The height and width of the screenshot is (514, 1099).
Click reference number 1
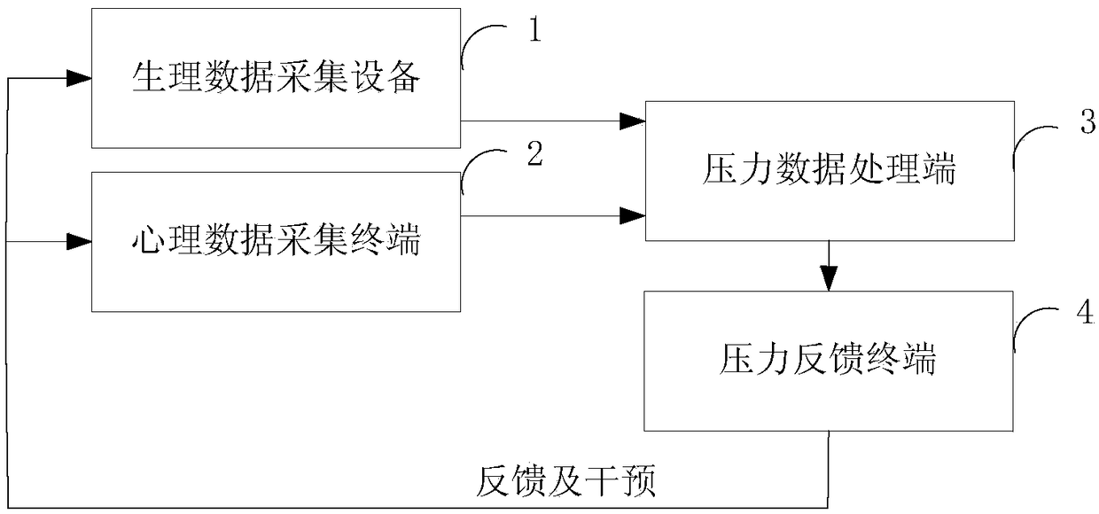[x=534, y=29]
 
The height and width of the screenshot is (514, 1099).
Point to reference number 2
[x=534, y=152]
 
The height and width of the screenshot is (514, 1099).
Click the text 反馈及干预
[x=565, y=481]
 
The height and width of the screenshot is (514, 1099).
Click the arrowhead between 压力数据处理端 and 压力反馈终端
[x=829, y=278]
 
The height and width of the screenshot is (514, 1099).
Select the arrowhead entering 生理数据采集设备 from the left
[x=79, y=78]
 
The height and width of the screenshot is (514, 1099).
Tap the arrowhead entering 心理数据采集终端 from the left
[x=79, y=242]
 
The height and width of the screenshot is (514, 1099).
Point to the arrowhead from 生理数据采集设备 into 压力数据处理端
[x=633, y=121]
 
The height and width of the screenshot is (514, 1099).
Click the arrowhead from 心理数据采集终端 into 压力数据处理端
[x=633, y=216]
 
